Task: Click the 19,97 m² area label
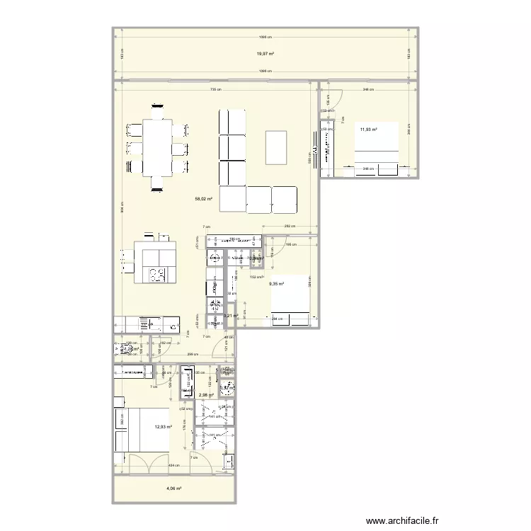point(265,54)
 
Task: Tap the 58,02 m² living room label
point(204,200)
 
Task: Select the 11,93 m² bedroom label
point(368,130)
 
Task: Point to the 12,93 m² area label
point(164,427)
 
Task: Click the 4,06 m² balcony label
point(174,489)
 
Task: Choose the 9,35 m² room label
point(276,284)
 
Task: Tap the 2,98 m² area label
point(206,395)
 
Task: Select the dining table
point(156,148)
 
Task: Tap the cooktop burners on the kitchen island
point(156,273)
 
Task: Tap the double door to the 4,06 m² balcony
point(149,463)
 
